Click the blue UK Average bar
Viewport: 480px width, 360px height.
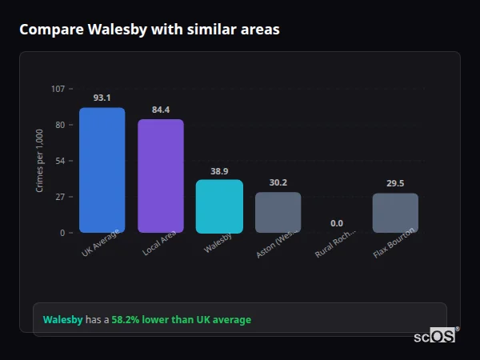click(x=102, y=170)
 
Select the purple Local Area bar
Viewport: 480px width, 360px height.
click(x=161, y=176)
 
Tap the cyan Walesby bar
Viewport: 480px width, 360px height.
click(x=219, y=206)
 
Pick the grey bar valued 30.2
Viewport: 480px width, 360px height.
click(x=278, y=212)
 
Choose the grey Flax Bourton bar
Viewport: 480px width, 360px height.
click(x=395, y=213)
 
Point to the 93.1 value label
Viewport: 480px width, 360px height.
click(x=102, y=98)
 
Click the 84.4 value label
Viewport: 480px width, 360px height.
click(x=161, y=110)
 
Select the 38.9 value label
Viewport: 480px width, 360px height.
click(x=219, y=170)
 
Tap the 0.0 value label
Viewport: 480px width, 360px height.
click(x=337, y=223)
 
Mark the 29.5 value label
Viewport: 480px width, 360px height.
click(x=395, y=183)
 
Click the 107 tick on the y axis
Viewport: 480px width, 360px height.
click(x=58, y=89)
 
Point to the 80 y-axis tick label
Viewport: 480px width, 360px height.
click(x=60, y=125)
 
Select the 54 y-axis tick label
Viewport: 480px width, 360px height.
click(x=60, y=161)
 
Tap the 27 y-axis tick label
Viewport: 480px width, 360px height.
click(x=60, y=197)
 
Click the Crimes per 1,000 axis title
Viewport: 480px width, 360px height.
click(x=40, y=160)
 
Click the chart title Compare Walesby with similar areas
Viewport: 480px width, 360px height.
click(x=150, y=30)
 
